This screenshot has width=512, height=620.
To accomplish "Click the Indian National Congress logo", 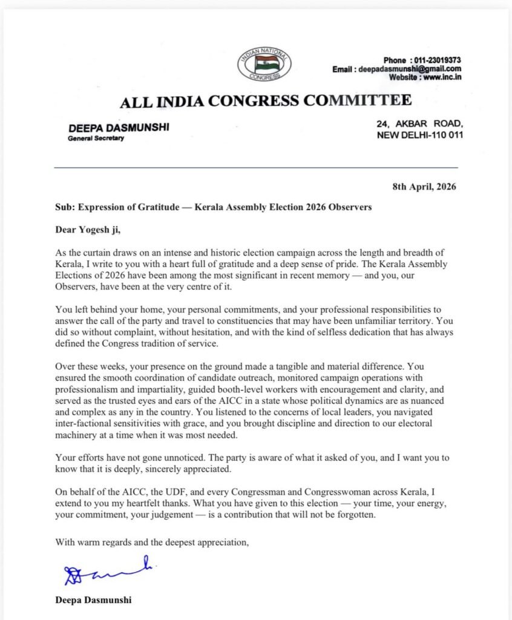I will [x=264, y=65].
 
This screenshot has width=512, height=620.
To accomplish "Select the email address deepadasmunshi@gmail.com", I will [x=419, y=70].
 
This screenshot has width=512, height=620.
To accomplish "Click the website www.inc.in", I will [x=439, y=78].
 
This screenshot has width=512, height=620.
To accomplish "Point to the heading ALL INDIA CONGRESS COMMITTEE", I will [x=266, y=101].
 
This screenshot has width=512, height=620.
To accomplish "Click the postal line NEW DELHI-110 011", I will [x=420, y=134].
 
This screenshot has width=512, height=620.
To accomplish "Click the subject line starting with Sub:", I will [x=213, y=207].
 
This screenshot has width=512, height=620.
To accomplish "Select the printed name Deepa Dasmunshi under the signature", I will [x=93, y=601].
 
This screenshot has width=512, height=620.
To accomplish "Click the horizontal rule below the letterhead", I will [x=255, y=167].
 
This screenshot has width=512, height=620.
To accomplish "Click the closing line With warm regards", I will [x=152, y=542].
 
